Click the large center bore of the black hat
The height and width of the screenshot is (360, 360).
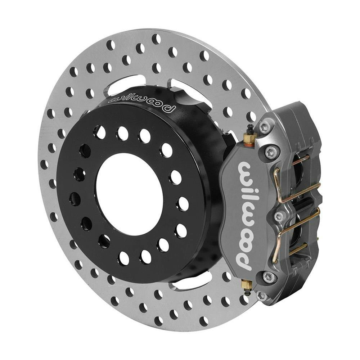coord(130,194)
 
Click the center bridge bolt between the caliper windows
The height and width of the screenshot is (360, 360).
coord(278,216)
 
